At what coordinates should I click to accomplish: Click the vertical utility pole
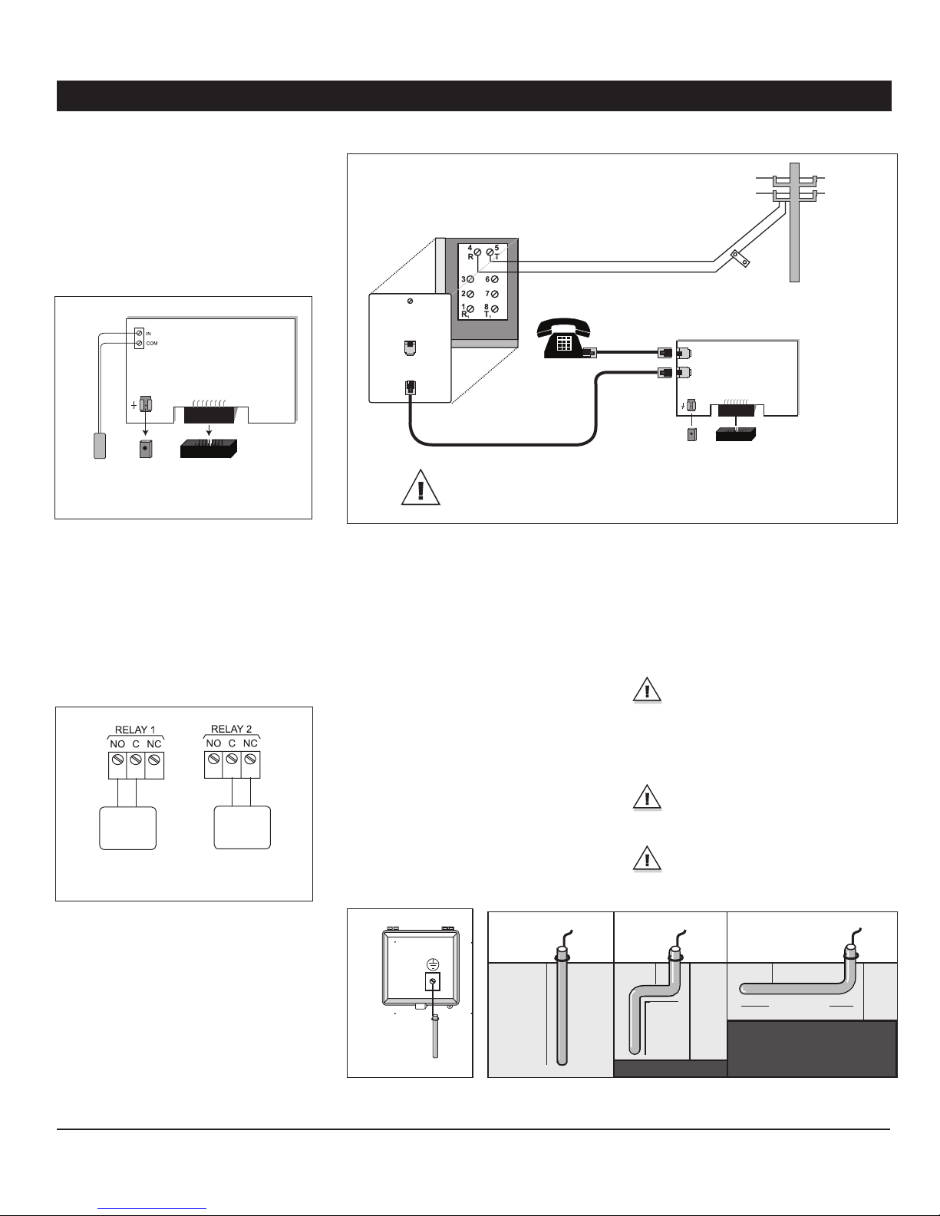tap(794, 222)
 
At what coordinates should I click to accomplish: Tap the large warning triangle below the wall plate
tap(421, 487)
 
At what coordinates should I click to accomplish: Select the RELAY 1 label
tap(135, 730)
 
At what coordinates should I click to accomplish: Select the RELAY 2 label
tap(231, 729)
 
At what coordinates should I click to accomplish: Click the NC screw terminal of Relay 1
tap(154, 760)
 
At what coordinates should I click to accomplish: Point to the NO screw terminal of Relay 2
tap(213, 759)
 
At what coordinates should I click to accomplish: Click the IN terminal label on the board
tap(148, 334)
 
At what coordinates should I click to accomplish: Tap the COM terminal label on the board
tap(152, 343)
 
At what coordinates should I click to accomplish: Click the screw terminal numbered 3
tap(470, 279)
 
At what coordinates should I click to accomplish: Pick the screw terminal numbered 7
tap(495, 294)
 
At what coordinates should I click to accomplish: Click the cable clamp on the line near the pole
tap(739, 258)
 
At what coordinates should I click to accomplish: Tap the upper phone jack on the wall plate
tap(410, 348)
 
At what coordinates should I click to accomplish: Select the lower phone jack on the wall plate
tap(410, 387)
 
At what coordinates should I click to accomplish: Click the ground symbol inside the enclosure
tap(433, 964)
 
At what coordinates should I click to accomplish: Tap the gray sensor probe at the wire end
tap(100, 446)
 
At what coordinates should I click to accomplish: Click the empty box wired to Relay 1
tap(127, 829)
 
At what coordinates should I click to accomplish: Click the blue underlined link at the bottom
tap(152, 1208)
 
